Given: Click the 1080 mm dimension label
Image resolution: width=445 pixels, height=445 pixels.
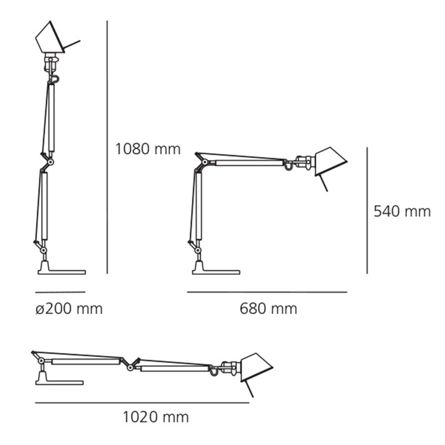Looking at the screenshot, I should coord(148,149).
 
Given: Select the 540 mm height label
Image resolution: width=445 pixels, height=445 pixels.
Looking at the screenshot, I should coord(402,212).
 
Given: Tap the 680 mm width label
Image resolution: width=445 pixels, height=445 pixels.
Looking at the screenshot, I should coord(268,309).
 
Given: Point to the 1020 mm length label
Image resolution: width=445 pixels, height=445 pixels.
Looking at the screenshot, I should coord(156,417).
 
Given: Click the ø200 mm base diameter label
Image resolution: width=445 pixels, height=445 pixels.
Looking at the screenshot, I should coord(69,309).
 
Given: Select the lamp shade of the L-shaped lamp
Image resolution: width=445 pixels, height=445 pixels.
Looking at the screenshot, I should coord(329,162).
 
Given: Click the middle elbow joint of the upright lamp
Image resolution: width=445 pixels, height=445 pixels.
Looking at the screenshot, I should coord(51,162).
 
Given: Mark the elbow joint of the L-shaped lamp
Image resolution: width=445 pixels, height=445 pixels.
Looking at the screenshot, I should coord(204,162).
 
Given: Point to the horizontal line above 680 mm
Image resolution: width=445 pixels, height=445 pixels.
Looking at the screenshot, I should coord(267,292).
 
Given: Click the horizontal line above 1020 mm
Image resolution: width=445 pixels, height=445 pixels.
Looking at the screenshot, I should coord(142,403).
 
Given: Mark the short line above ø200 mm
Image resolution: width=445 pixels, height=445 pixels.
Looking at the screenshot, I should coord(61,292).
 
